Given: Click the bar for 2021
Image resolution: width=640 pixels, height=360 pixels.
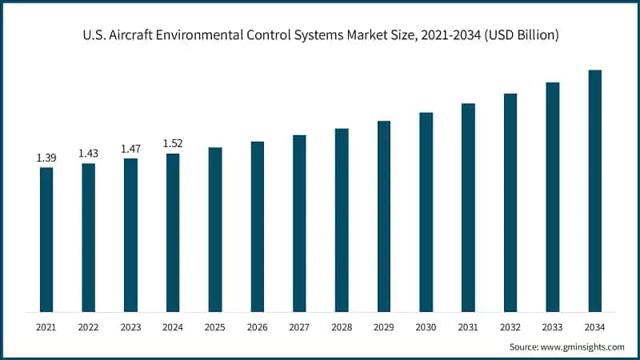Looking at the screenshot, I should tap(46, 239).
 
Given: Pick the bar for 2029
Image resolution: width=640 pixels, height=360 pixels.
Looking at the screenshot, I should tap(384, 216).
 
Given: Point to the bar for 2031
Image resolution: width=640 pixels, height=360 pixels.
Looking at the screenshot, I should tap(469, 207).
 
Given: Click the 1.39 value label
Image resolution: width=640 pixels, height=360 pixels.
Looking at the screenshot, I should tap(46, 158).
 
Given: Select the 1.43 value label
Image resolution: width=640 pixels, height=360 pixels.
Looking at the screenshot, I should tap(88, 154).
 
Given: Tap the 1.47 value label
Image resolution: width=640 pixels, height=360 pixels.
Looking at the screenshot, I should tap(130, 149).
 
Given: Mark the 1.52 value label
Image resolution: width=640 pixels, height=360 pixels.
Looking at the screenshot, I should tap(173, 143).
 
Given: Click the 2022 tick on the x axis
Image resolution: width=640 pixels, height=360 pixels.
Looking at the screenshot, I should tap(88, 326).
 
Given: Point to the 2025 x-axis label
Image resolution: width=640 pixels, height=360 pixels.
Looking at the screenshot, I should tap(215, 326).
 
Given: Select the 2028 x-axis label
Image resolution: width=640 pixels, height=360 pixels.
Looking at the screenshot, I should tap(342, 326).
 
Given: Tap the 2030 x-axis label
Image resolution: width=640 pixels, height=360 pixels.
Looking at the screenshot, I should tap(426, 326).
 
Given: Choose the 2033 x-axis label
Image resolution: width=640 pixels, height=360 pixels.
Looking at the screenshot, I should tap(553, 326).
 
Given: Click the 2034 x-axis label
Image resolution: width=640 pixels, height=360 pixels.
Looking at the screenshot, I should tap(595, 326).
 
